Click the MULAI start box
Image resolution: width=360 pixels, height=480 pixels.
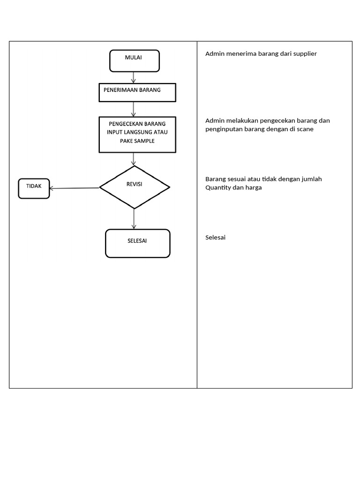coord(135,61)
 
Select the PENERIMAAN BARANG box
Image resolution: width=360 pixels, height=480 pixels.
coord(137,92)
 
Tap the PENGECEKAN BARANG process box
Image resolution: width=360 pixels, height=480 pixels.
coord(137,134)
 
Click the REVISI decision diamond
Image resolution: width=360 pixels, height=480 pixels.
coord(135,187)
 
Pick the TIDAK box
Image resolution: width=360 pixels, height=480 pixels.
coord(34,188)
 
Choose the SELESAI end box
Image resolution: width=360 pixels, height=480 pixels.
coord(137,243)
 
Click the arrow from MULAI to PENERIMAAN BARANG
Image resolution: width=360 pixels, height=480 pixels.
coord(134,77)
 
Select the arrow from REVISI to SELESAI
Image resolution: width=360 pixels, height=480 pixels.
coord(134,218)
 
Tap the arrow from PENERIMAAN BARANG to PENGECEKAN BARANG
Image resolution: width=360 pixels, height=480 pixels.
coord(134,109)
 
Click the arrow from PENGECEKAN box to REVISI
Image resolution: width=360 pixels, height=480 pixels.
coord(134,159)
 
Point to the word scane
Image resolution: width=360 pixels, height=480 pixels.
coord(305,129)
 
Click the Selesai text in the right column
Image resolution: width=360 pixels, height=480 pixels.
coord(216,238)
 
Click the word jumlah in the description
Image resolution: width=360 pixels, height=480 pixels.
coord(311,179)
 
